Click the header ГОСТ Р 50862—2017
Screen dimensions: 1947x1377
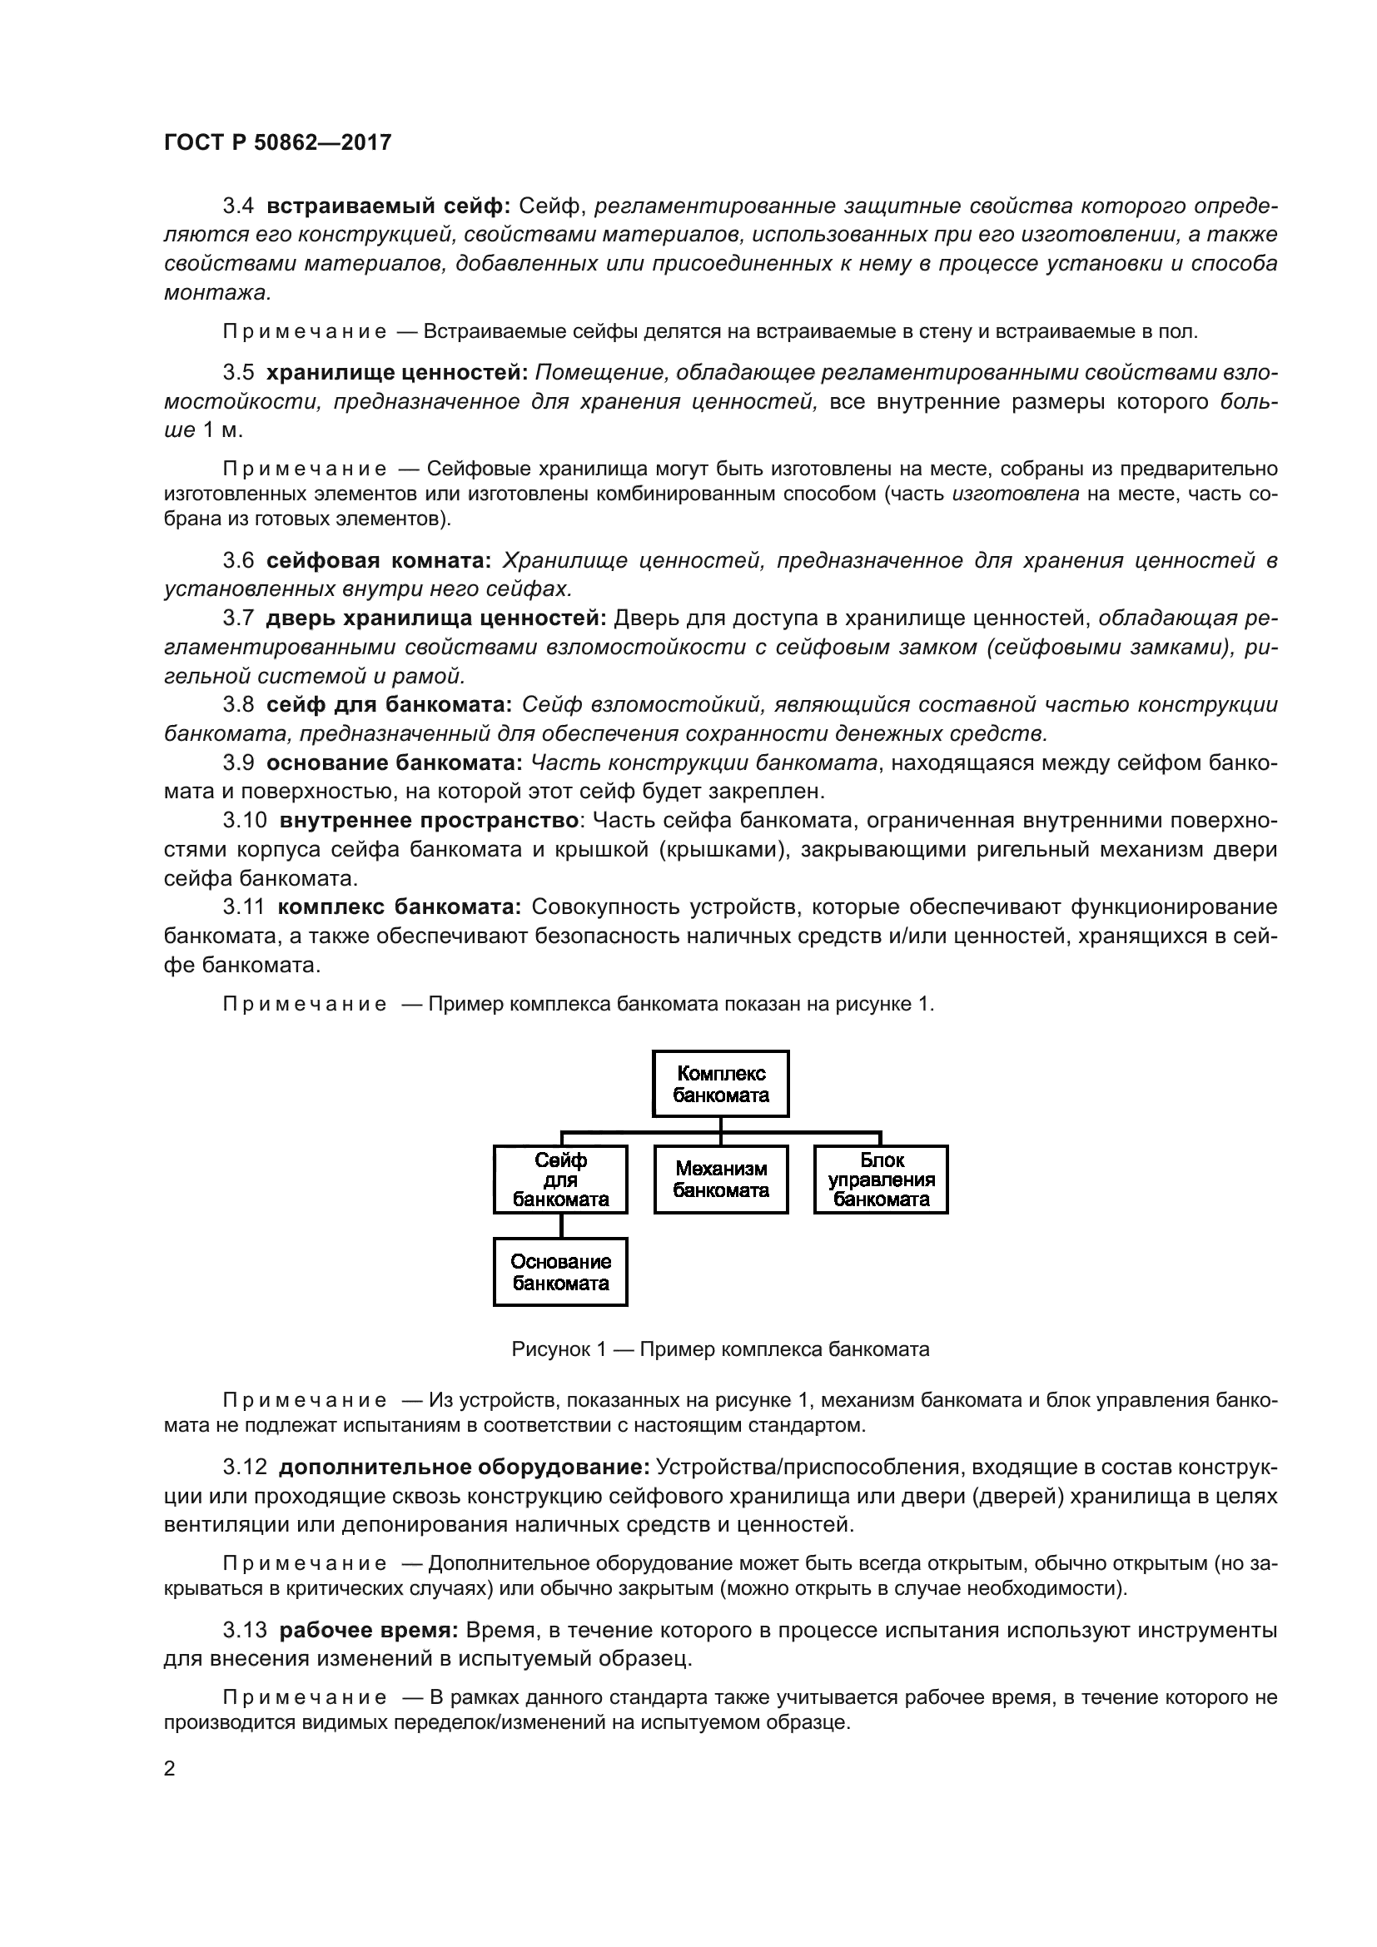277,142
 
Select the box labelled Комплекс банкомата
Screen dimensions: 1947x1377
721,1084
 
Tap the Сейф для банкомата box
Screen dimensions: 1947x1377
560,1180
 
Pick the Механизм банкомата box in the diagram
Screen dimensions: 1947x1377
721,1180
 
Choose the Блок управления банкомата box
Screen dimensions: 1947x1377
881,1180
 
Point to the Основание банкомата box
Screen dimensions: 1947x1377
560,1272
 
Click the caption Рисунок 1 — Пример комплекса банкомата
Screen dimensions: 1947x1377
721,1349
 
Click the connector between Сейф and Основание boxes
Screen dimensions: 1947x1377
560,1225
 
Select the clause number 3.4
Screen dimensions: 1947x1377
238,206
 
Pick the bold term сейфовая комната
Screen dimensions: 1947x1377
378,560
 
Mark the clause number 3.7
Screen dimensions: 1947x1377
238,618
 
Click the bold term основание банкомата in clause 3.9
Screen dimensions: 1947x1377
395,762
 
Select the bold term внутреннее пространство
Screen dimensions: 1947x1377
429,820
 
